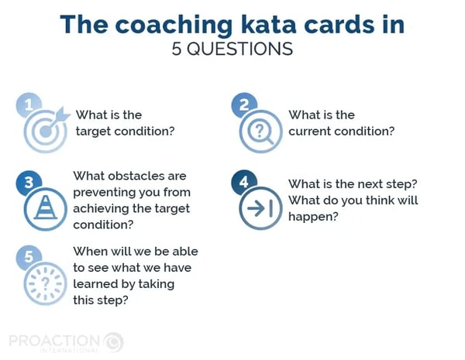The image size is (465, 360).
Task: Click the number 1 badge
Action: pos(29,105)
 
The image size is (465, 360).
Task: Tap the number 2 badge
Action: pos(244,105)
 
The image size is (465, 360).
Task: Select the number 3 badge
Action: pos(29,183)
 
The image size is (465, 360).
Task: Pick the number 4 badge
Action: pos(244,182)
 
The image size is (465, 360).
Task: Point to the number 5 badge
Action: pos(29,257)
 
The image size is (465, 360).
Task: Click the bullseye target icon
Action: pos(46,130)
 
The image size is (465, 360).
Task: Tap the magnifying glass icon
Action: pos(260,131)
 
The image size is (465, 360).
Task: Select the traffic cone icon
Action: pos(46,209)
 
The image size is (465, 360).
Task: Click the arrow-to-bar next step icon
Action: pos(260,208)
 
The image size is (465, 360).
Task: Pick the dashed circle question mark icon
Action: pos(46,283)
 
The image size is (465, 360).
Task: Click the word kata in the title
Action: pos(268,24)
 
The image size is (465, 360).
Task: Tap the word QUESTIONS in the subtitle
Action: pos(239,49)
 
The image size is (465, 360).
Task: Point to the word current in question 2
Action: pos(309,132)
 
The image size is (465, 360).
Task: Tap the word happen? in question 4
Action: pos(313,217)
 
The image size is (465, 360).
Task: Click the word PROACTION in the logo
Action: pos(54,341)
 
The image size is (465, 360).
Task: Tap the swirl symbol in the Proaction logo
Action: pos(114,342)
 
